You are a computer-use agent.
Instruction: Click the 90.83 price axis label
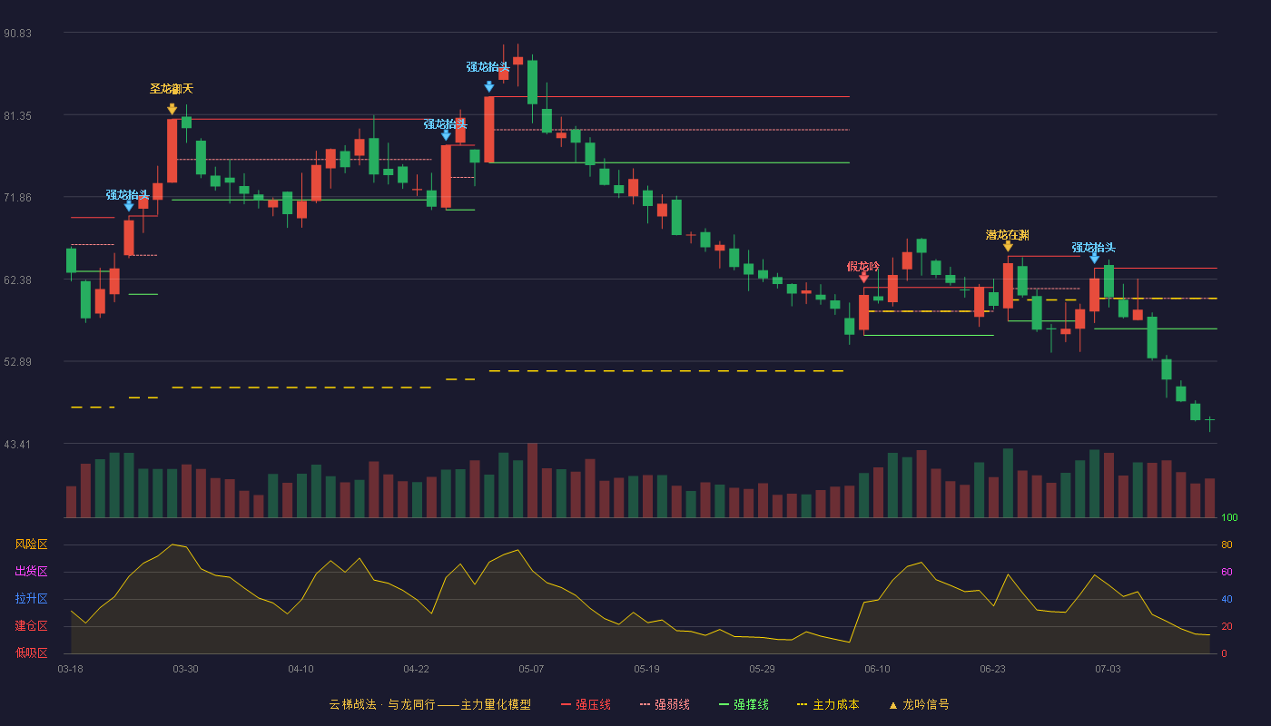pyautogui.click(x=17, y=34)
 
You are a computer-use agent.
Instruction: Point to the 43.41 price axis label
pyautogui.click(x=17, y=445)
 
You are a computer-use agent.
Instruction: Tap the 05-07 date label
pyautogui.click(x=531, y=670)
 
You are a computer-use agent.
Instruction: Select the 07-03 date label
pyautogui.click(x=1108, y=670)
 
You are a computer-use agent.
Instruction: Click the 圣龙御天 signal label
pyautogui.click(x=172, y=89)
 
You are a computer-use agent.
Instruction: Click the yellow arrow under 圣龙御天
pyautogui.click(x=172, y=109)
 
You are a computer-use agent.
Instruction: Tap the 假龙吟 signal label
pyautogui.click(x=863, y=267)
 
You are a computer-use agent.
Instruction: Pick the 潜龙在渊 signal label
pyautogui.click(x=1007, y=235)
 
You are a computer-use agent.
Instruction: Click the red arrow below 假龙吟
pyautogui.click(x=863, y=278)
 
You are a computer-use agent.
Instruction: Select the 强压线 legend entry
pyautogui.click(x=586, y=705)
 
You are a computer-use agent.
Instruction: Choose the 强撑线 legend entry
pyautogui.click(x=744, y=705)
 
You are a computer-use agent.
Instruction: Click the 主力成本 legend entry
pyautogui.click(x=828, y=705)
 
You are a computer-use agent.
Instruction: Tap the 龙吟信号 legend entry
pyautogui.click(x=919, y=705)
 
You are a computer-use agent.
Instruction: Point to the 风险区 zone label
pyautogui.click(x=31, y=544)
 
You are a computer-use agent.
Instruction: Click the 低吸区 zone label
pyautogui.click(x=31, y=653)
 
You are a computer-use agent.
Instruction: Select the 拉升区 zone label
pyautogui.click(x=31, y=599)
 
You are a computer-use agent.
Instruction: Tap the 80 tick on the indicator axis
pyautogui.click(x=1227, y=545)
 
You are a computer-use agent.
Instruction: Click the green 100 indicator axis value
pyautogui.click(x=1229, y=518)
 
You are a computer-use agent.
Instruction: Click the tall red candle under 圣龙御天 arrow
pyautogui.click(x=172, y=151)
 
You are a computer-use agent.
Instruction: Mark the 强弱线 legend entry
pyautogui.click(x=665, y=705)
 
